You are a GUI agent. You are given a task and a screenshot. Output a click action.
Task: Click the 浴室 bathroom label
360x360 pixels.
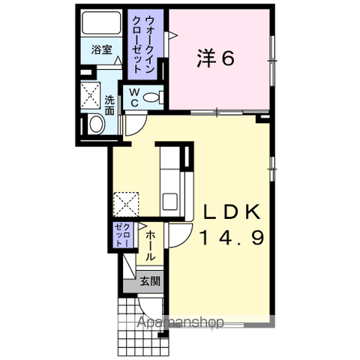[102, 49]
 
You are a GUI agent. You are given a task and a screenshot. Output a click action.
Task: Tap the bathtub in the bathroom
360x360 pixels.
[101, 23]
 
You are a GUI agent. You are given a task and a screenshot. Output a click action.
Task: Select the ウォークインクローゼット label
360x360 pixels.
[142, 44]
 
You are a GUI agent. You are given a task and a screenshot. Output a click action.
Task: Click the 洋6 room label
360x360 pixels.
[215, 58]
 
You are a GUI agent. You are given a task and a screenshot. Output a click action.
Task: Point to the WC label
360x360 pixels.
[134, 97]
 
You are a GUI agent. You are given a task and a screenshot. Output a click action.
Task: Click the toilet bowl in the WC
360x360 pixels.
[152, 97]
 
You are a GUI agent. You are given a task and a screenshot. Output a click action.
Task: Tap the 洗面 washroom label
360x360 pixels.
[109, 105]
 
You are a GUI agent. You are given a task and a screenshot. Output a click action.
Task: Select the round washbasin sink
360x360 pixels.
[97, 124]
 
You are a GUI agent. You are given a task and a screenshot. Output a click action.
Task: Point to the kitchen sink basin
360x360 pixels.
[170, 202]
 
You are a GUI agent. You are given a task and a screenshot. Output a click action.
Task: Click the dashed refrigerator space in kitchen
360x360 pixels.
[126, 204]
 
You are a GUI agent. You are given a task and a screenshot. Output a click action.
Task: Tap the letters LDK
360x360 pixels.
[232, 212]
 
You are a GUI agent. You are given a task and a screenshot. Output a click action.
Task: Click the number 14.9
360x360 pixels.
[232, 238]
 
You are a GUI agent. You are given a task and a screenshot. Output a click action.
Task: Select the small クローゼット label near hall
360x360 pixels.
[122, 235]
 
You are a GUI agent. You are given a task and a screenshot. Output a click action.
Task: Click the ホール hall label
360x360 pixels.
[151, 246]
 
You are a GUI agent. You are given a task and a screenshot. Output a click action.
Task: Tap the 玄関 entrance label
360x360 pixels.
[150, 282]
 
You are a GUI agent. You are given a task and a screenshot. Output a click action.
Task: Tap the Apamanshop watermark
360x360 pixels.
[180, 322]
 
